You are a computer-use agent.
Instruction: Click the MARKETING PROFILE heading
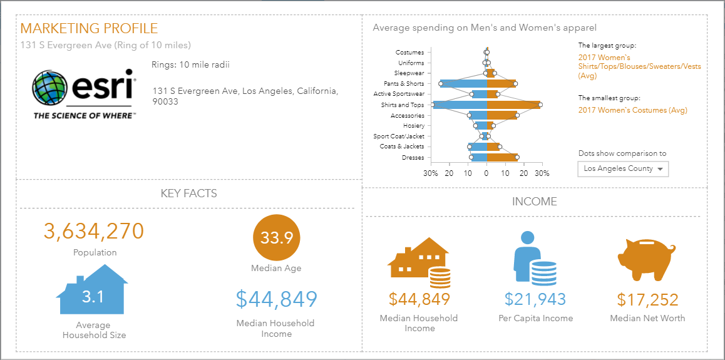(89, 29)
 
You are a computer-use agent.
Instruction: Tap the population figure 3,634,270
(94, 231)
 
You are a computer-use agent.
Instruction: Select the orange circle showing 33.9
(276, 239)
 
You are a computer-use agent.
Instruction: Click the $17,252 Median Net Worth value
(647, 299)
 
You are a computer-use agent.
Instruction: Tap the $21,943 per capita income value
(535, 299)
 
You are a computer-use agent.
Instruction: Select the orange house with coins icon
(419, 259)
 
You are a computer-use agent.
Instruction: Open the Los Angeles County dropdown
(623, 169)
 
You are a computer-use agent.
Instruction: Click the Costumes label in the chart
(409, 53)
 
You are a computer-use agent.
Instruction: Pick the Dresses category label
(413, 158)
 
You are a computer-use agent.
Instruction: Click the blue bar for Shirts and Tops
(460, 105)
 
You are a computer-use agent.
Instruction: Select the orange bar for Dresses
(501, 158)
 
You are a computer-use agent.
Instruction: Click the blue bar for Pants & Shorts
(463, 84)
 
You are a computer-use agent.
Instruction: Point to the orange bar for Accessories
(501, 115)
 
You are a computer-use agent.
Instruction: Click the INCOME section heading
(534, 202)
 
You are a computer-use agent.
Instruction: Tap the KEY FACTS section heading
(189, 193)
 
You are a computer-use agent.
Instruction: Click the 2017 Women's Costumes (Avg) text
(632, 110)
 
